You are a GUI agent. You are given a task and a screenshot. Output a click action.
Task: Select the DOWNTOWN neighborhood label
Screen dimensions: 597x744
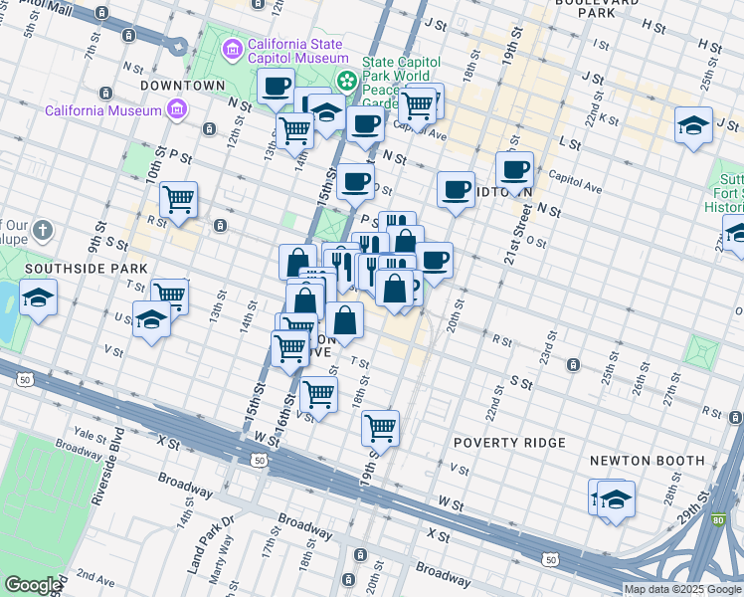tap(183, 86)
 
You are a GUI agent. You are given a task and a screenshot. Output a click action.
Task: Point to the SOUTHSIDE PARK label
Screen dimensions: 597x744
tap(86, 269)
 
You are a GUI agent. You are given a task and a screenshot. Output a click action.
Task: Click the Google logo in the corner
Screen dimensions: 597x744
tap(33, 585)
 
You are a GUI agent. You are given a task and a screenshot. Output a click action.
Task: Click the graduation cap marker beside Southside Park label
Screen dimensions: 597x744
tap(38, 298)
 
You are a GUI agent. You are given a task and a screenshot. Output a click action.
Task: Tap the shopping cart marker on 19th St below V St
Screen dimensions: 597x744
tap(380, 428)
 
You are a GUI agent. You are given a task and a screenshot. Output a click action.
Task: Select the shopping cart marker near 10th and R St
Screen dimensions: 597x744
tap(178, 198)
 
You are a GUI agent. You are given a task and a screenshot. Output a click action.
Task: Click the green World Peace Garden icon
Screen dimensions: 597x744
tap(347, 81)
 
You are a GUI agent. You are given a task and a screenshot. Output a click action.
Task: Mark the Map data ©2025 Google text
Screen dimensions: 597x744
tap(682, 589)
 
